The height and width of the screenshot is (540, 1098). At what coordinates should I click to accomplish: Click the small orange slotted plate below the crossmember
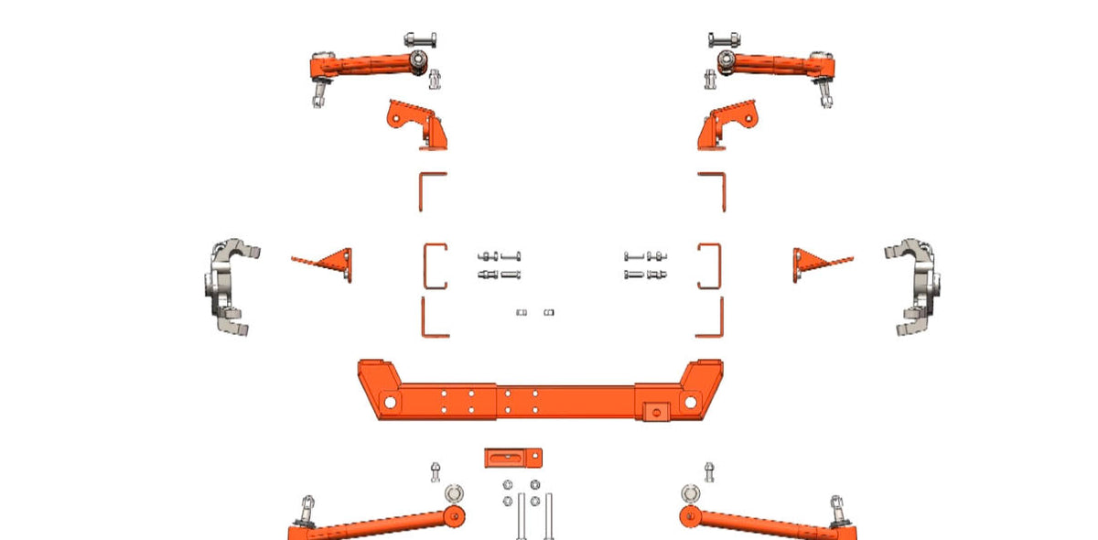[x=513, y=457]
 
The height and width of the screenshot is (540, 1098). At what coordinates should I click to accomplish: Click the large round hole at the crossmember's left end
[x=389, y=402]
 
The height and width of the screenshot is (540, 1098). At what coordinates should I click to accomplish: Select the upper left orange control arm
[x=366, y=67]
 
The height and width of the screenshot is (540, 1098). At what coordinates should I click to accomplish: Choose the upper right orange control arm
[x=778, y=65]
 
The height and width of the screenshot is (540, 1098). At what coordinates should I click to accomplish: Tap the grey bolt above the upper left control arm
[x=420, y=40]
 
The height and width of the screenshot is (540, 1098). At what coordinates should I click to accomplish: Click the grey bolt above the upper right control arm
[x=724, y=40]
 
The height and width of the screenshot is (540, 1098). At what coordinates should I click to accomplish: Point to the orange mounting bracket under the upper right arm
[x=728, y=124]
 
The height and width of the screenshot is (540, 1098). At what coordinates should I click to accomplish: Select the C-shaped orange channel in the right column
[x=710, y=265]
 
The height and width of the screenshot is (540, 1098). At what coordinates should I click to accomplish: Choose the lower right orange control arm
[x=765, y=524]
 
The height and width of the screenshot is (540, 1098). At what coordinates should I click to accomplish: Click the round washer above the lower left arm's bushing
[x=454, y=494]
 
